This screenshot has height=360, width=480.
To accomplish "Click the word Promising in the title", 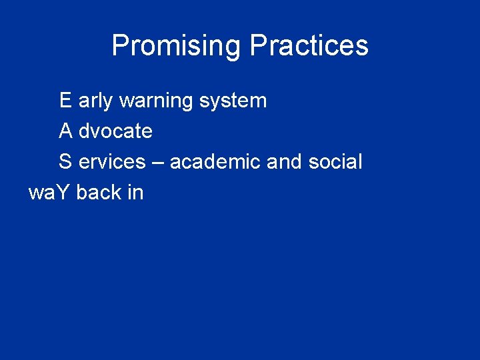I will tap(176, 46).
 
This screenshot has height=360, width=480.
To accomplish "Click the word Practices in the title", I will tap(309, 46).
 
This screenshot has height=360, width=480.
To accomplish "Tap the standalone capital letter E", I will tap(65, 101).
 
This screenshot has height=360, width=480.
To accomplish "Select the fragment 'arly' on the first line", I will tap(95, 101).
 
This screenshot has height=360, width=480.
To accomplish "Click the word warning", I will tap(156, 101).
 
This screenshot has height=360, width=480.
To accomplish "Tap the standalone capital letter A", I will tap(65, 131).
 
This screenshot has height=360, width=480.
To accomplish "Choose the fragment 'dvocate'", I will tap(115, 131).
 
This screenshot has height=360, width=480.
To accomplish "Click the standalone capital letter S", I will tap(65, 161).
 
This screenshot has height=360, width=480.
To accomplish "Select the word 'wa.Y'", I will tap(49, 192).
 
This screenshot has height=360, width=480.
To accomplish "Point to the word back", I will tap(98, 192).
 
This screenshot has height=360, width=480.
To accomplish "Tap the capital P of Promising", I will tap(120, 45).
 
